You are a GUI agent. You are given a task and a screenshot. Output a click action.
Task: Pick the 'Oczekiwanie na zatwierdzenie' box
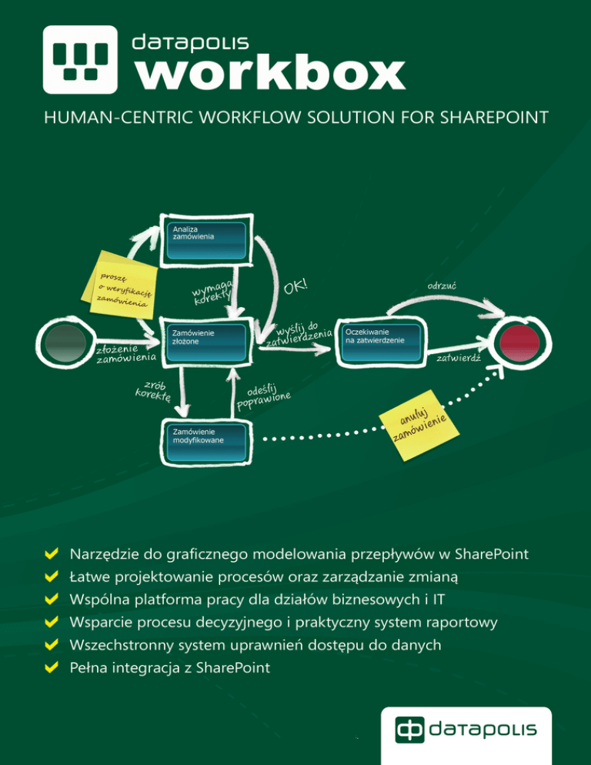point(380,341)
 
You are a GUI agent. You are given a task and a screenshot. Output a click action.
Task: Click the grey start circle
point(66,344)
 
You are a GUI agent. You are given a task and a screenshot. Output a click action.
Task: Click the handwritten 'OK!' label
point(295,288)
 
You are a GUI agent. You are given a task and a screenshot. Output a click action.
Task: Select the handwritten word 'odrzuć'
point(442,285)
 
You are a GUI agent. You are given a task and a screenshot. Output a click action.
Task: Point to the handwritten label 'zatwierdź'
point(459,359)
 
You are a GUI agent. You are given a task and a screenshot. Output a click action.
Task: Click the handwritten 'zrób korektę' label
point(154,390)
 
